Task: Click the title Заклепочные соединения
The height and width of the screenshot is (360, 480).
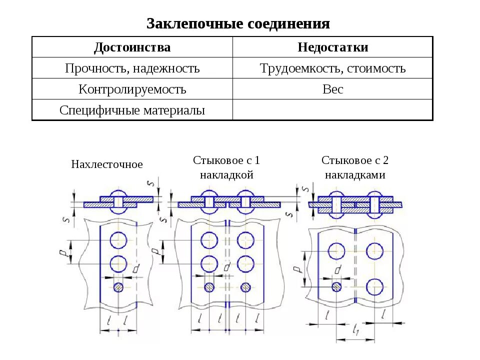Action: coord(238,23)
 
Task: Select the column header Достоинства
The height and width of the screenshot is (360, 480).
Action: coord(132,47)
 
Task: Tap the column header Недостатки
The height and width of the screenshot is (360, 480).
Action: coord(332,47)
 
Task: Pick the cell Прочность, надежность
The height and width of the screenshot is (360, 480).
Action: coord(132,68)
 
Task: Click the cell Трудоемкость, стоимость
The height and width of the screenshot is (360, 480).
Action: coord(332,68)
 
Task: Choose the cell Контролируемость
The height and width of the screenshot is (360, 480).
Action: coord(132,89)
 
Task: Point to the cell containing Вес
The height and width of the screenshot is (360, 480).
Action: coord(332,89)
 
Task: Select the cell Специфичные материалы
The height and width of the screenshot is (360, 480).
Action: coord(132,110)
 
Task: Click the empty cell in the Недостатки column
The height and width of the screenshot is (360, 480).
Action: coord(332,110)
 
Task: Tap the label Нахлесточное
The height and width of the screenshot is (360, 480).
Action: coord(107,164)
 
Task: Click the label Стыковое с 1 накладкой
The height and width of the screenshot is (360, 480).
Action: coord(226,167)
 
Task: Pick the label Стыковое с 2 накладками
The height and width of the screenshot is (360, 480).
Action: coord(355,167)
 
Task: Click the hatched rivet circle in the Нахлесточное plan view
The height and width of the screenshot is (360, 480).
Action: coord(118,287)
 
